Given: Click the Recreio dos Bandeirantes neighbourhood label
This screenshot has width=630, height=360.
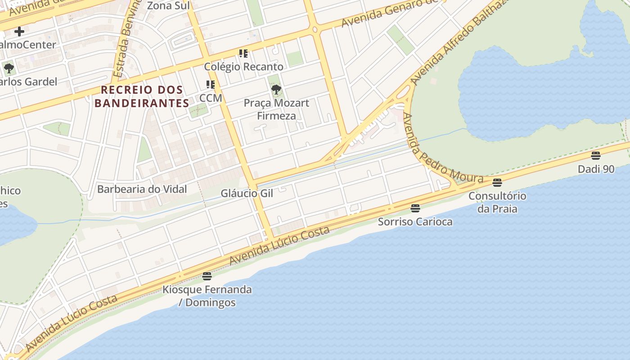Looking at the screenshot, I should pos(142,96).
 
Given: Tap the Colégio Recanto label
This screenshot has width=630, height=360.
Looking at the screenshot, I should pos(243,67).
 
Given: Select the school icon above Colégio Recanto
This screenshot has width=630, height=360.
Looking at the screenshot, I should pos(243,54).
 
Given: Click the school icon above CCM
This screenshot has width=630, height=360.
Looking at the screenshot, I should pos(210,85).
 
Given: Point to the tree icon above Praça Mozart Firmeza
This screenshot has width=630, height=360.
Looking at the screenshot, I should pos(276,90).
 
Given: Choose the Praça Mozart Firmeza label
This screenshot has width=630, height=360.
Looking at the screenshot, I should pos(276,109).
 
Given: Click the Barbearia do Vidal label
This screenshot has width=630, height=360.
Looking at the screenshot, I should pos(142,189).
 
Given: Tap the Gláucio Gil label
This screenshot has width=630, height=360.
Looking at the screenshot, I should pos(247,193).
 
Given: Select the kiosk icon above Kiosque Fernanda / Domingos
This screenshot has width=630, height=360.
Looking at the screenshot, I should pos(207,276).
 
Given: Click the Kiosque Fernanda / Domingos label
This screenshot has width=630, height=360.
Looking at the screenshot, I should pos(207,296).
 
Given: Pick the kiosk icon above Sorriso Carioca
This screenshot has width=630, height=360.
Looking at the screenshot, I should pos(415,208).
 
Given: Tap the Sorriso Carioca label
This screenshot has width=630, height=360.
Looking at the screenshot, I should pos(415,221).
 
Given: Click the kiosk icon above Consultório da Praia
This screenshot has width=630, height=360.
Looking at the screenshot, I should pos(497,183).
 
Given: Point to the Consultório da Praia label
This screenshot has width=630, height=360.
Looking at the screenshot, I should pos(497,202).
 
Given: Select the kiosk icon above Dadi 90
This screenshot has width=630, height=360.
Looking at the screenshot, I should pos(596,156).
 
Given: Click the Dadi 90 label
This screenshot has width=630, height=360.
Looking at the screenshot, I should pos(596,169).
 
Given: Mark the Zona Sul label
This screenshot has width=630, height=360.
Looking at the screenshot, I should pos(169,6).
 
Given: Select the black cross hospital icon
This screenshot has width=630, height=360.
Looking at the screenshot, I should pos(19,31).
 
